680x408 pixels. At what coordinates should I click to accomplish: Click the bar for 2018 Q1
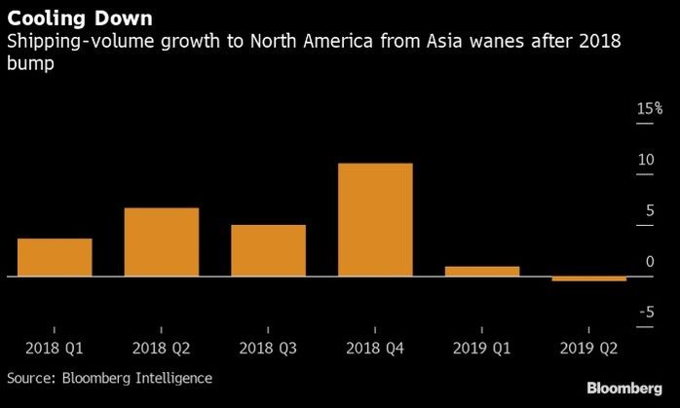[x=55, y=258]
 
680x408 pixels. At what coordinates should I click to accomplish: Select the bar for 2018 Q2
[x=162, y=242]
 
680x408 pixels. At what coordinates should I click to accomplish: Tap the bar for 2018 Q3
[x=268, y=251]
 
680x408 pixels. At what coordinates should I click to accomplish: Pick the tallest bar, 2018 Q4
[x=375, y=220]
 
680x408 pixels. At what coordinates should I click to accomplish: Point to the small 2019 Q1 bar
[x=482, y=272]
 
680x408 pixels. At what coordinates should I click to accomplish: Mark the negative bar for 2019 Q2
[x=588, y=279]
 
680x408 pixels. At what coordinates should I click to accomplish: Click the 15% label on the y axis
[x=649, y=110]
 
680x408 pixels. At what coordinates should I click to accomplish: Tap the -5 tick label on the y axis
[x=646, y=312]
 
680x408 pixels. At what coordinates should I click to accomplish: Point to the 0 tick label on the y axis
[x=649, y=261]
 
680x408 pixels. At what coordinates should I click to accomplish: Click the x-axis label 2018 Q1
[x=55, y=347]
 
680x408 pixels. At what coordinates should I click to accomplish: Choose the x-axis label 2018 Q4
[x=375, y=347]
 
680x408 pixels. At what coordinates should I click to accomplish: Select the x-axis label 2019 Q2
[x=588, y=347]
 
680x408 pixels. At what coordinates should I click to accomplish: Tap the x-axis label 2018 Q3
[x=268, y=347]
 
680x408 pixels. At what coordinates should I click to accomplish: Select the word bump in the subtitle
[x=29, y=65]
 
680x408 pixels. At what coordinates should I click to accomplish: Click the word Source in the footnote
[x=29, y=377]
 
